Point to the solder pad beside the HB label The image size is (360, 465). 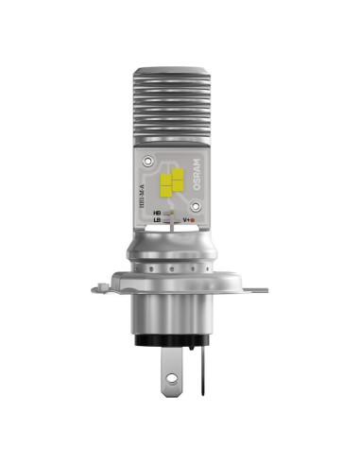coord(170,215)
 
